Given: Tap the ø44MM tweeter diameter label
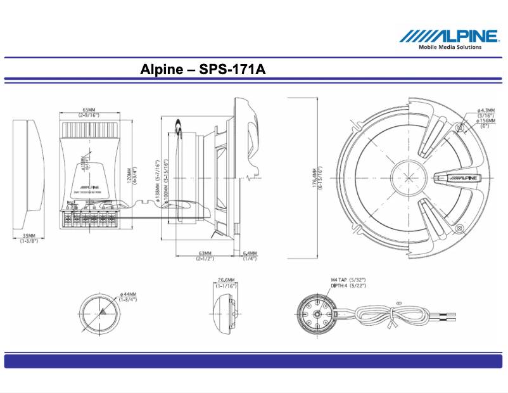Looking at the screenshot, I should (x=128, y=297).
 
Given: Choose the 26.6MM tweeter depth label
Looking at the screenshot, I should (x=225, y=282).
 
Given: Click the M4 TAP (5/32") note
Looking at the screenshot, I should (x=348, y=279).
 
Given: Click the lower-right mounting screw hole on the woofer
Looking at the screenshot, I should (x=459, y=228).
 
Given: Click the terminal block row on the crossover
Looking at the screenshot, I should (x=90, y=221).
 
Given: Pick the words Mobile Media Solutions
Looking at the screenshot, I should (x=450, y=46).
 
